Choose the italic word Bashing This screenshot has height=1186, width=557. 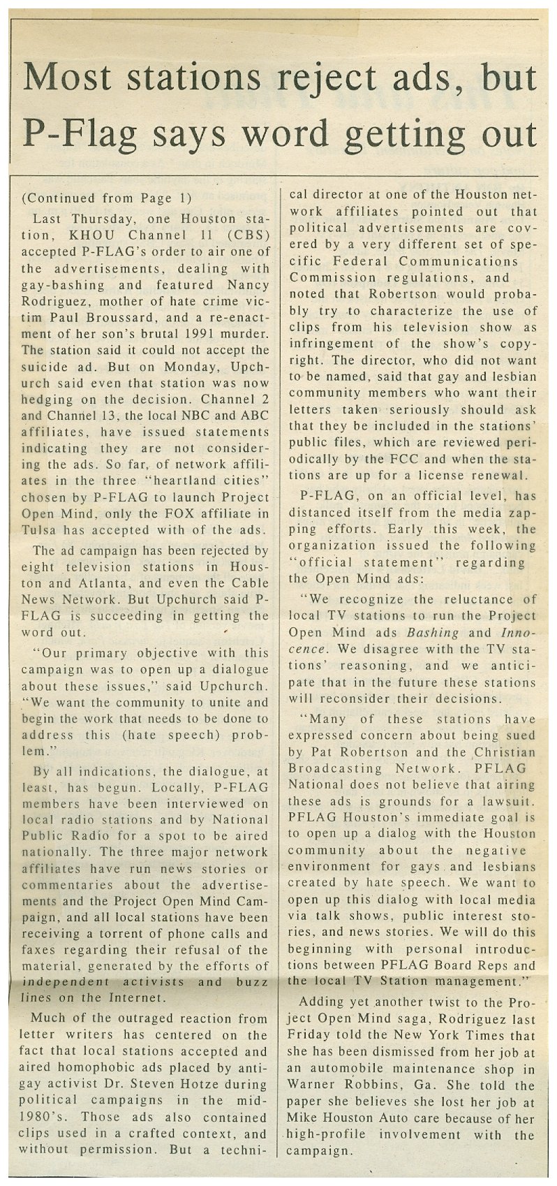click(x=433, y=633)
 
